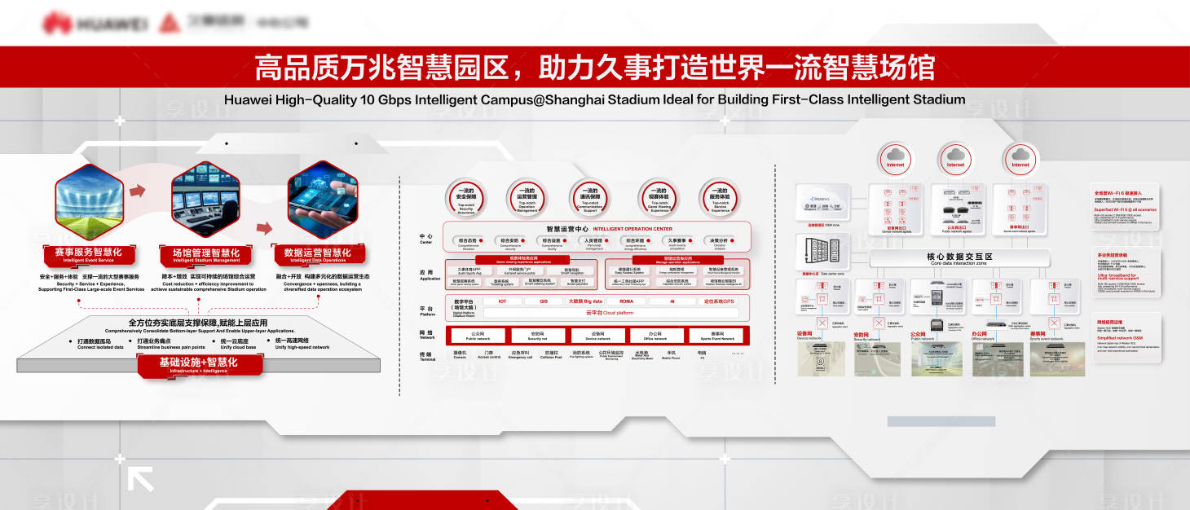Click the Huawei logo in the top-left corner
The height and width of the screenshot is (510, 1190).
95,24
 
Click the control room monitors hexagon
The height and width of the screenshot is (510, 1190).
205,200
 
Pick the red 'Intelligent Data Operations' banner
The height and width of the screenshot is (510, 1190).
317,255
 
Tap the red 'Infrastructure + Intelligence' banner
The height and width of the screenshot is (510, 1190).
199,364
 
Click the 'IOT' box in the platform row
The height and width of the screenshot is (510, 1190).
502,301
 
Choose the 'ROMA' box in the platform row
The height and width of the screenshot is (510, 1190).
625,301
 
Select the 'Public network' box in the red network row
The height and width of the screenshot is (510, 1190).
478,336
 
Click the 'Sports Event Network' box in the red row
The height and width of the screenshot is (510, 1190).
716,336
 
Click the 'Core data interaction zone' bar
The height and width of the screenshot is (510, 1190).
959,259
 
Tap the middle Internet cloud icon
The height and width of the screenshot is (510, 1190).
955,156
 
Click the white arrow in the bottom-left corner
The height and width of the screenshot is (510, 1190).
140,479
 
